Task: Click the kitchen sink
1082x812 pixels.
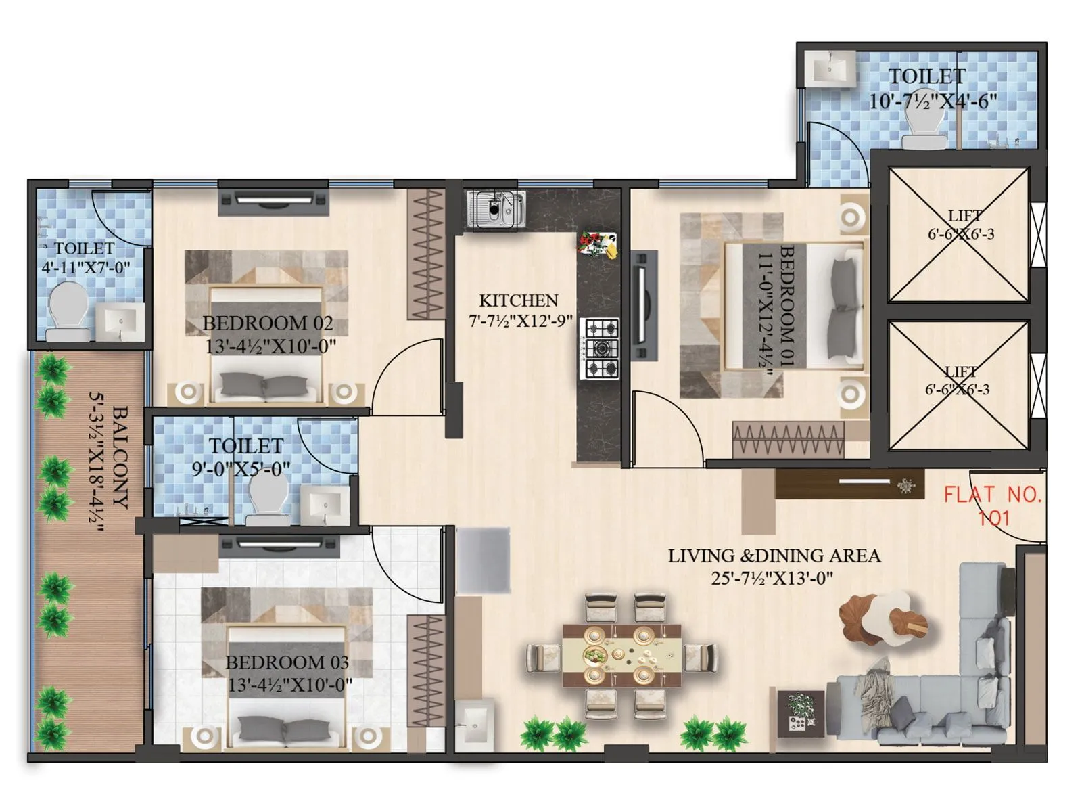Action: [x=496, y=209]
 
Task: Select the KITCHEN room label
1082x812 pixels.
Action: [x=519, y=300]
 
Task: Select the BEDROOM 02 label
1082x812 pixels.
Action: [x=268, y=323]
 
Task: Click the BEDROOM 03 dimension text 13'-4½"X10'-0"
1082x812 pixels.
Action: [x=290, y=685]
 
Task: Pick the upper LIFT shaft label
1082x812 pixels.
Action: [x=964, y=217]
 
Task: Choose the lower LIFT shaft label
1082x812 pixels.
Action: [x=960, y=372]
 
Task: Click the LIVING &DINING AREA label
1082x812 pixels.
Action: [x=774, y=556]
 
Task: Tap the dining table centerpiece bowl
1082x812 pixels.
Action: [x=596, y=655]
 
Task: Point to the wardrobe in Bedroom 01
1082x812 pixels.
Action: [x=789, y=439]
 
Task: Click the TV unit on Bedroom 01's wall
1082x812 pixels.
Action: [x=643, y=304]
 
